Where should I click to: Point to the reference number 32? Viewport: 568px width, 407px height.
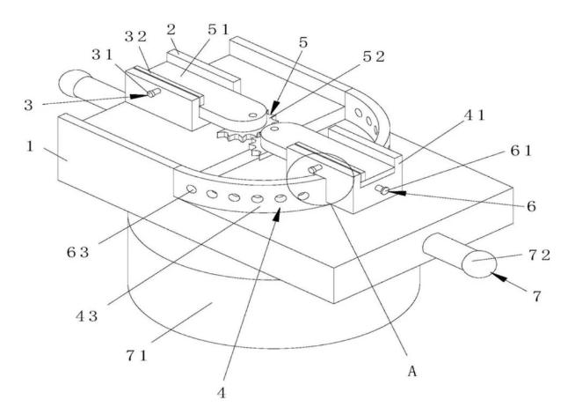click(x=134, y=37)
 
